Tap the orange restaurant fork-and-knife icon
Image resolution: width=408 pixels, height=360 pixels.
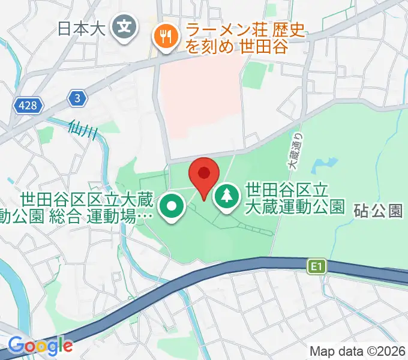point(163,37)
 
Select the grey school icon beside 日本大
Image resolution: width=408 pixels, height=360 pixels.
point(125,27)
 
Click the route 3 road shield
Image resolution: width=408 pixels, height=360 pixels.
point(76,98)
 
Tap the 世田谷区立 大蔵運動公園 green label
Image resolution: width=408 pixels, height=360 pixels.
point(295,199)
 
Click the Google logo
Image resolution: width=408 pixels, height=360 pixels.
point(40,345)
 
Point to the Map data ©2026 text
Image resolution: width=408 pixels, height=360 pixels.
point(358,350)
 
